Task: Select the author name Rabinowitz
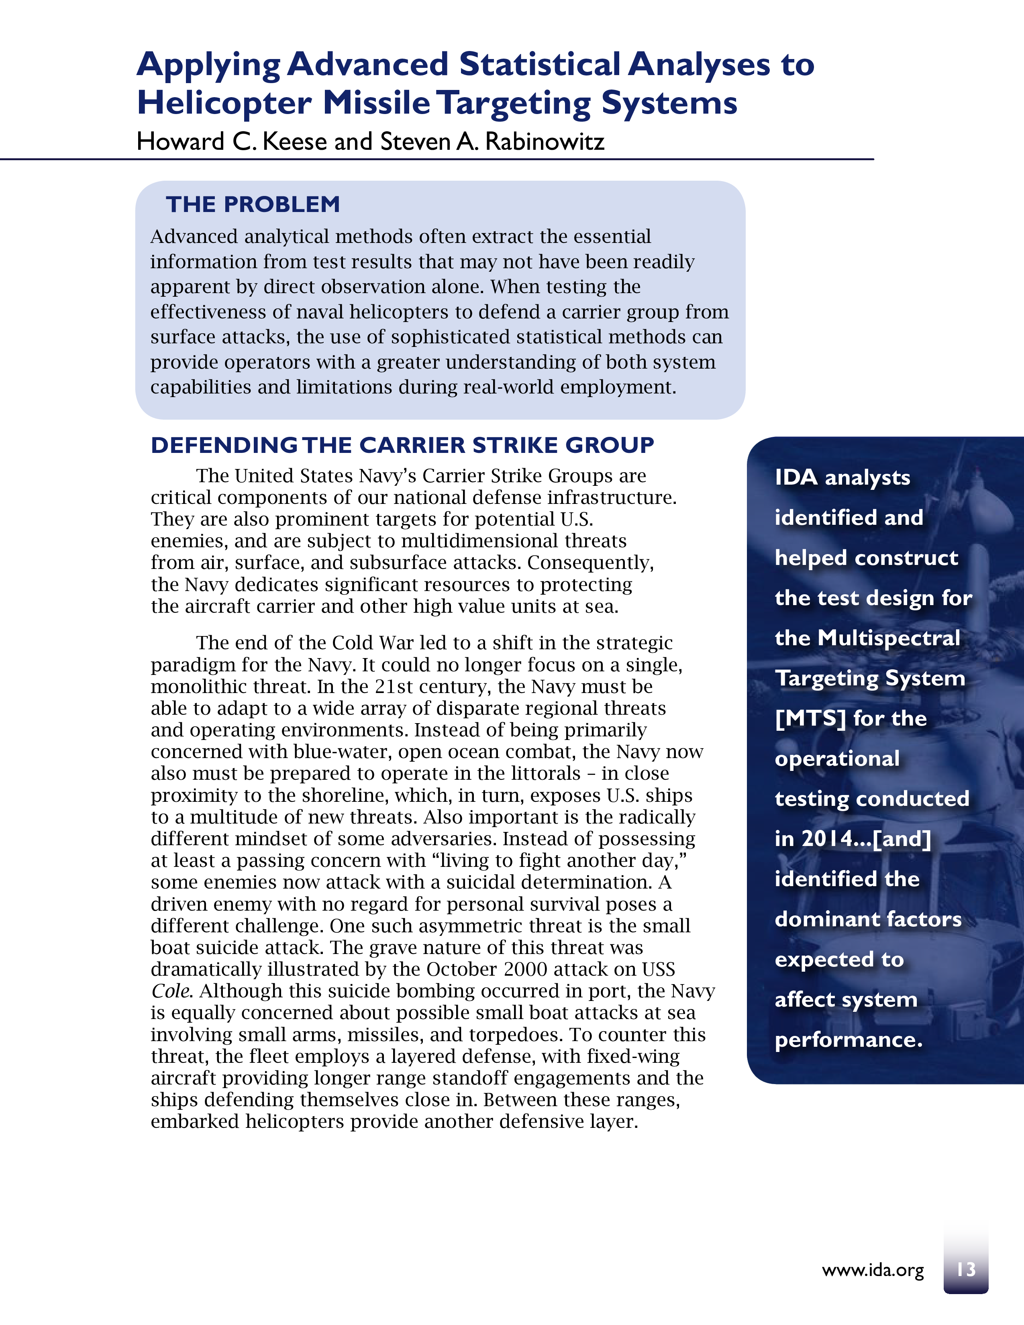544,142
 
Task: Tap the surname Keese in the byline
295,142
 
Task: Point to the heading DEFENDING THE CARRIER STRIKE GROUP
402,445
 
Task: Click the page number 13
966,1269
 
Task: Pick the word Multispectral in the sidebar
889,638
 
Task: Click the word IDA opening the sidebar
796,477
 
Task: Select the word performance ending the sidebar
848,1040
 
